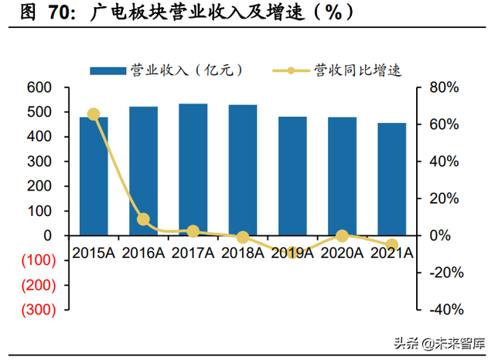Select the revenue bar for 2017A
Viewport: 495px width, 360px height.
[193, 169]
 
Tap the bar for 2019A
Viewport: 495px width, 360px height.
[292, 176]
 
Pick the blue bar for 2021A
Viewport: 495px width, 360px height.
[391, 179]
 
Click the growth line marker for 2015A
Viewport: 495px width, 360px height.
[94, 114]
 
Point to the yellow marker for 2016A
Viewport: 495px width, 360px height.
[143, 219]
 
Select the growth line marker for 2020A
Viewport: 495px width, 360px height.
[342, 235]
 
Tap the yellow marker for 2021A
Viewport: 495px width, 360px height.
[391, 245]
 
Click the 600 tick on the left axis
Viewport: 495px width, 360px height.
[39, 87]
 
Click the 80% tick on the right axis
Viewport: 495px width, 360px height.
[444, 87]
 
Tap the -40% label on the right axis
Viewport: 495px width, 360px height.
[444, 310]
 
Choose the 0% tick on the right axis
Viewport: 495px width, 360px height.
[439, 235]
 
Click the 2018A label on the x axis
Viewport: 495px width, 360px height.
[243, 252]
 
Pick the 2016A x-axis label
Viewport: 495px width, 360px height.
[143, 252]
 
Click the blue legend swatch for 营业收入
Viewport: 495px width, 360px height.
[108, 70]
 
